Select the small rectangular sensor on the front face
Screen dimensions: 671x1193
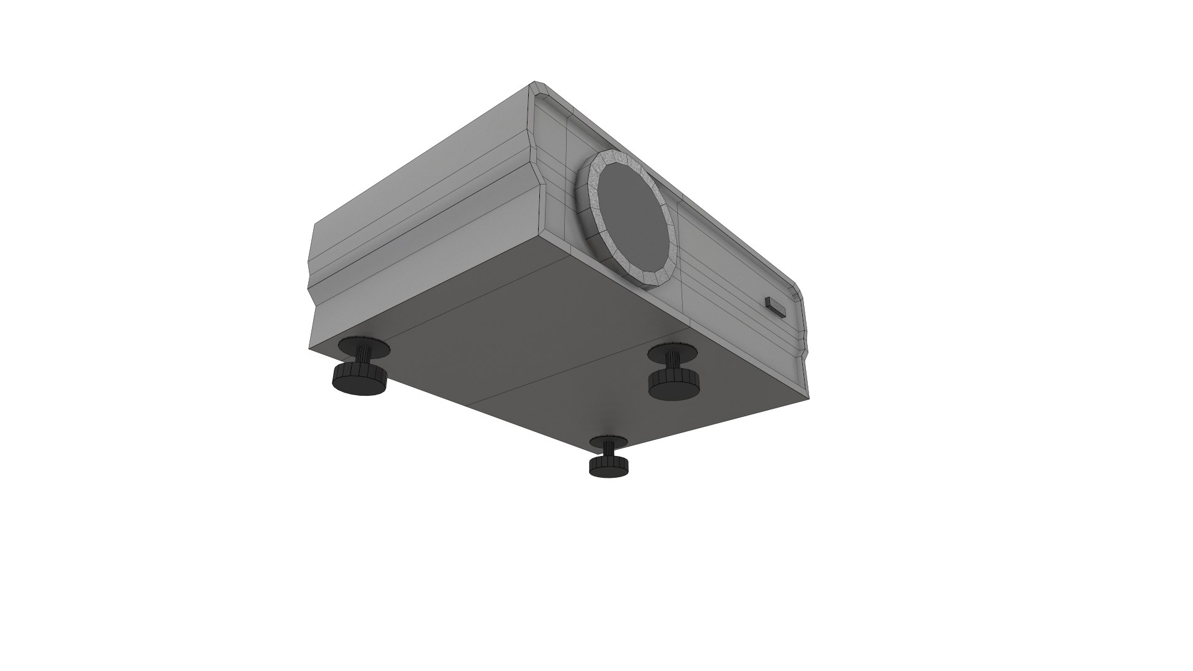click(x=775, y=306)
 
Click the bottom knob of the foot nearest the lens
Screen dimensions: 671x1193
click(x=674, y=385)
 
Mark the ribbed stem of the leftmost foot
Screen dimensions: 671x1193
click(x=361, y=360)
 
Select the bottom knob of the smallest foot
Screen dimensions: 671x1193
click(x=609, y=467)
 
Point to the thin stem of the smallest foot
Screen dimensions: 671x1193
click(x=610, y=453)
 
